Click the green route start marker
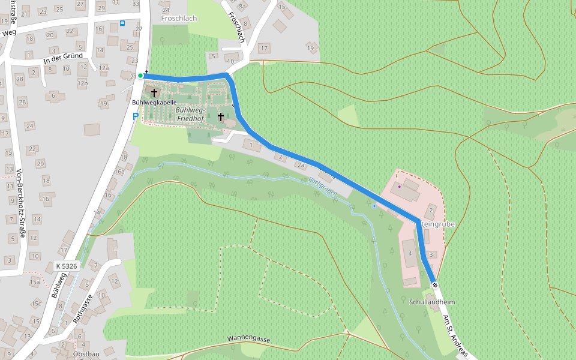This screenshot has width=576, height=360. point(140,76)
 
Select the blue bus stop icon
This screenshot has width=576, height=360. point(122,23)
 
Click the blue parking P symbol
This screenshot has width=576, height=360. point(136,116)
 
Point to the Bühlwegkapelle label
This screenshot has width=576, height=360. point(154,103)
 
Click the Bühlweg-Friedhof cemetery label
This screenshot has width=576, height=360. point(191,115)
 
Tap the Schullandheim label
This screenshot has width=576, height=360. point(432,302)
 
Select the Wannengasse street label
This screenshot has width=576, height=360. point(248,339)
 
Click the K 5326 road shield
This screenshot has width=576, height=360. point(67,266)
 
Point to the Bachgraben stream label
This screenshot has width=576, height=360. point(323,187)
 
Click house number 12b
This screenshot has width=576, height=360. point(83,83)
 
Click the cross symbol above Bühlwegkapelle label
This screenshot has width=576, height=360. point(154,93)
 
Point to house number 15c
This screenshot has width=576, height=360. point(37,304)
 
